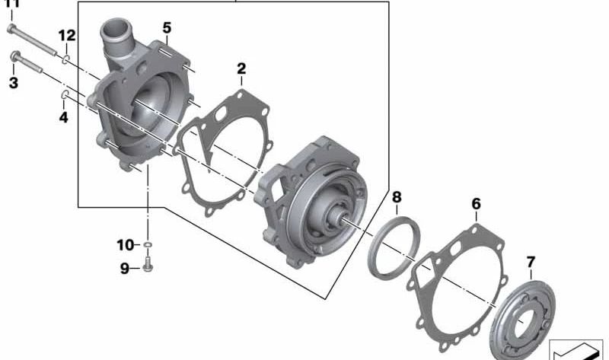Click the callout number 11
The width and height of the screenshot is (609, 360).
(12, 4)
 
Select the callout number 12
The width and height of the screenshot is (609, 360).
(67, 35)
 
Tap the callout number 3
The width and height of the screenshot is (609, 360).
(13, 82)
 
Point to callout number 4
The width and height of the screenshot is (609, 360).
(64, 117)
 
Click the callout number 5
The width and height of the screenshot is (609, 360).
(167, 28)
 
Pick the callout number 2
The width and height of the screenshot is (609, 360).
(241, 69)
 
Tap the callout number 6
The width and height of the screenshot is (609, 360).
(477, 204)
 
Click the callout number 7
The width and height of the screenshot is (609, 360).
(531, 263)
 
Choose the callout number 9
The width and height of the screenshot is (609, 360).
(125, 268)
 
